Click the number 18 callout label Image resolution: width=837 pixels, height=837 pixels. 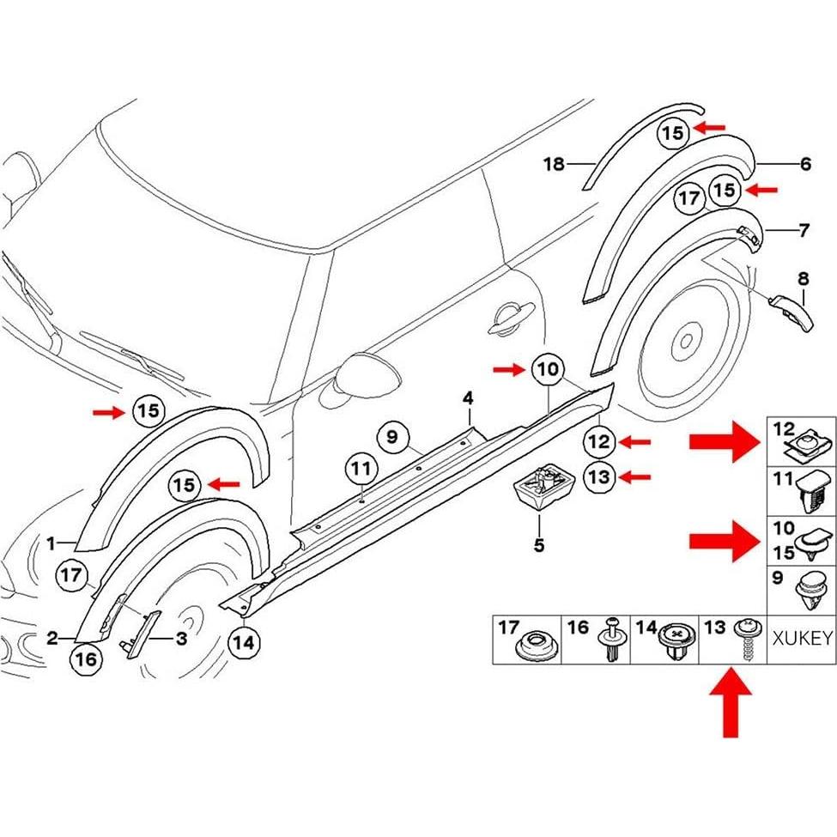tap(554, 163)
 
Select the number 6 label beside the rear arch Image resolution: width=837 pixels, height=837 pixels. tap(804, 164)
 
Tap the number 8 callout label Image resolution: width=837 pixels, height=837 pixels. tap(803, 278)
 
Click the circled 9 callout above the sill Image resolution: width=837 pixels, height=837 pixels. tap(392, 438)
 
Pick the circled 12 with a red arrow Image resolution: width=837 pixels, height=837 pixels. tap(599, 442)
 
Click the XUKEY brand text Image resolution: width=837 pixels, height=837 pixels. tap(802, 639)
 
